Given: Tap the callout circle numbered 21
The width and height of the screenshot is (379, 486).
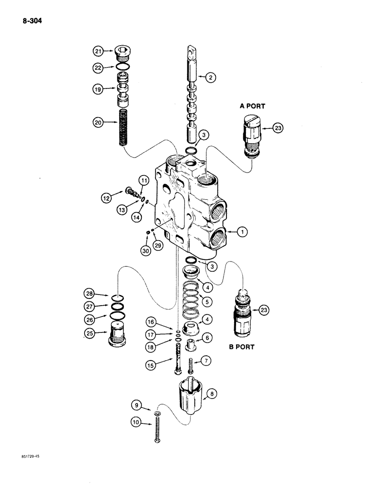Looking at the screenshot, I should click(99, 51).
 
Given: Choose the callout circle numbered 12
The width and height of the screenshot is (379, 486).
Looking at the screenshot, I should click(106, 198).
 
